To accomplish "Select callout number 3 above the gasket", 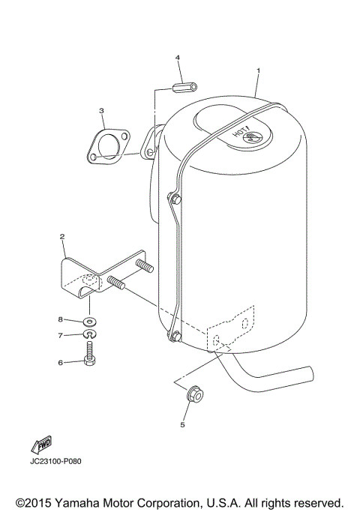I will click(101, 110).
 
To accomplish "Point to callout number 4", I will click(178, 57).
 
